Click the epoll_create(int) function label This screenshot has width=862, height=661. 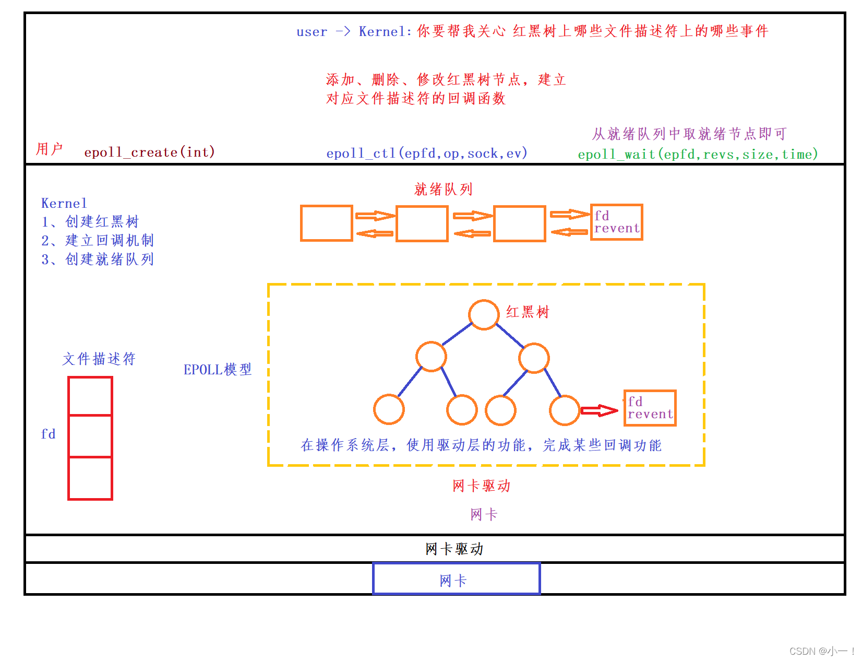[149, 152]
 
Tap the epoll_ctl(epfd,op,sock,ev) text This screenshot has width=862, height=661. [426, 153]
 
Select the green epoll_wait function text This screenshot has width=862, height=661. [697, 154]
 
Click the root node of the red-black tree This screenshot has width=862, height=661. [484, 315]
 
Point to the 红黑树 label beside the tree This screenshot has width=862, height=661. [528, 312]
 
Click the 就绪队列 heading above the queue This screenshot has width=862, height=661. [443, 189]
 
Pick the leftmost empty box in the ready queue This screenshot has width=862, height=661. [327, 223]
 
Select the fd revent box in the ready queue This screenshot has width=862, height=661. [616, 222]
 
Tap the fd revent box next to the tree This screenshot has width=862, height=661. [650, 408]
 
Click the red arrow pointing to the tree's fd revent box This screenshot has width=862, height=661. [600, 410]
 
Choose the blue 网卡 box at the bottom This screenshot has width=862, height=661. [456, 579]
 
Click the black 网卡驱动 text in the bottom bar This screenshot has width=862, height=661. [454, 549]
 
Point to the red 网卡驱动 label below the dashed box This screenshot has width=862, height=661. [481, 486]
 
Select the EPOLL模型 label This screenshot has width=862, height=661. [217, 370]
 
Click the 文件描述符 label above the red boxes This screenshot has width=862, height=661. [99, 359]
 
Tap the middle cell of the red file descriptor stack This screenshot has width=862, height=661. [90, 436]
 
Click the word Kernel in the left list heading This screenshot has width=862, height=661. [64, 203]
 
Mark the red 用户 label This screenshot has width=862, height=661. [49, 149]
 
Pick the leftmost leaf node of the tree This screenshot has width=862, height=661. [389, 409]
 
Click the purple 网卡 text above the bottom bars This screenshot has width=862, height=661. [483, 514]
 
